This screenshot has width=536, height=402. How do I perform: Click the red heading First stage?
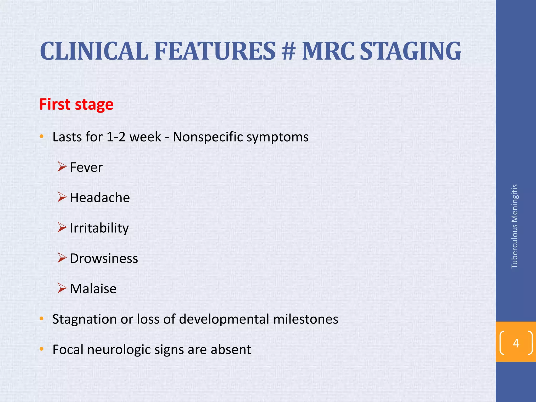[x=76, y=104]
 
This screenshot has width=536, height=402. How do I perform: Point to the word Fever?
[x=86, y=167]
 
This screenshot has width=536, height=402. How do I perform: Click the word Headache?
[x=100, y=198]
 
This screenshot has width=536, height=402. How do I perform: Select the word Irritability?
[x=99, y=228]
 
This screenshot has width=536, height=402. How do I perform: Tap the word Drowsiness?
[x=104, y=259]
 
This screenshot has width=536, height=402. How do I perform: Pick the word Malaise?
[x=93, y=289]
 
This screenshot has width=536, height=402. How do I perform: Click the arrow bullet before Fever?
[x=62, y=166]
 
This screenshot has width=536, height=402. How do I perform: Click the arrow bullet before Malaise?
[x=62, y=288]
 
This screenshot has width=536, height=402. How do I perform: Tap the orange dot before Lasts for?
[x=41, y=136]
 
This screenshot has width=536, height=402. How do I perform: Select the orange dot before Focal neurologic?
[x=41, y=349]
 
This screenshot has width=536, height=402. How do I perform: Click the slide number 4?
[x=516, y=343]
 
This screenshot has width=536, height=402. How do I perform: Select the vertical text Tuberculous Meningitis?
[x=514, y=226]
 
